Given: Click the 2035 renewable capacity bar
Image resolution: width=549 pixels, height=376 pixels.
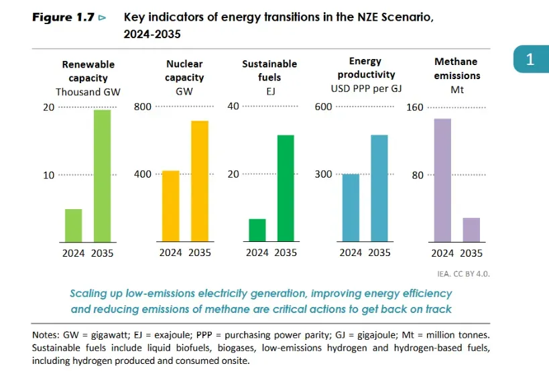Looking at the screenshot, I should pos(102,175).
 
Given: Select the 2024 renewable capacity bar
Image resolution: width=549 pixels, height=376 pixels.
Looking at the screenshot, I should pos(73,225).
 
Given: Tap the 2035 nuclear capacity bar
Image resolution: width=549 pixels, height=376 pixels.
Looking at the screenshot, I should pos(199,181).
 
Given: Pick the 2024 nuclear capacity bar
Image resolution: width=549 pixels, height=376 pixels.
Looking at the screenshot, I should pos(170,206).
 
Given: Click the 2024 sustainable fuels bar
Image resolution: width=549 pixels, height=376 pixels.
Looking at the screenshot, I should pos(257,230).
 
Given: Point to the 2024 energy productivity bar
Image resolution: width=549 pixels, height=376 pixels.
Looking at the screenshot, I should pos(351,208).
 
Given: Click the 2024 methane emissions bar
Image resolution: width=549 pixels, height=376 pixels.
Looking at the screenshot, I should pos(442,180).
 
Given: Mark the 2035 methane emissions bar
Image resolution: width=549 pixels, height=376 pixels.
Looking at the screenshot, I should pos(471,229).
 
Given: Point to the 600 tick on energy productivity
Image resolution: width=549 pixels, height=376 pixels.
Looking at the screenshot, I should pos(323,107).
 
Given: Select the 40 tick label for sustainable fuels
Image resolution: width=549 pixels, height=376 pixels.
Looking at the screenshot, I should pos(233,107).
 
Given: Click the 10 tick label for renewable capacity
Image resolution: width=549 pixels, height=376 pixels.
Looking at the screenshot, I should pos(48,175).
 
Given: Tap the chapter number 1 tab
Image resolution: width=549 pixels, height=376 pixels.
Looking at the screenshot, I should pos(530,60).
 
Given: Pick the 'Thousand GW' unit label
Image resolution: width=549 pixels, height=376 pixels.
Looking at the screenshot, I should pos(88,92).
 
